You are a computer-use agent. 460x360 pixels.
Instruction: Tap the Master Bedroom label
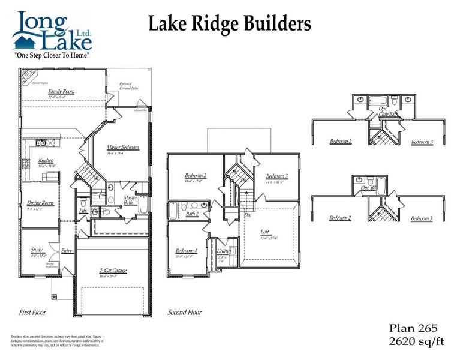(x=123, y=148)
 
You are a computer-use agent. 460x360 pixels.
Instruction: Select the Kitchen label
(x=46, y=161)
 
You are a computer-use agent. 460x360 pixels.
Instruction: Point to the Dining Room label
(x=40, y=203)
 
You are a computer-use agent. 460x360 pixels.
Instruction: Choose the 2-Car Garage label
(x=113, y=271)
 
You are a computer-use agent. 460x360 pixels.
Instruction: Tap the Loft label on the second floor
(x=264, y=231)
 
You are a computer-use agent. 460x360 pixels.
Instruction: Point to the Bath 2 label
(x=192, y=214)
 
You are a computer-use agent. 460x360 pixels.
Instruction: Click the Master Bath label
(x=130, y=200)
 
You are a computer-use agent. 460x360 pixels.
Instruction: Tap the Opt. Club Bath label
(x=388, y=111)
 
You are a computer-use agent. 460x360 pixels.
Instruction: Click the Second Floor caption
(x=184, y=312)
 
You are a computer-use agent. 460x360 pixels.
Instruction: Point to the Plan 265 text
(x=414, y=328)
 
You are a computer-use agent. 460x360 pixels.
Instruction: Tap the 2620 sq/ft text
(x=414, y=342)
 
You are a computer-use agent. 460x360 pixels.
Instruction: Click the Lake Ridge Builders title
(x=229, y=23)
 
